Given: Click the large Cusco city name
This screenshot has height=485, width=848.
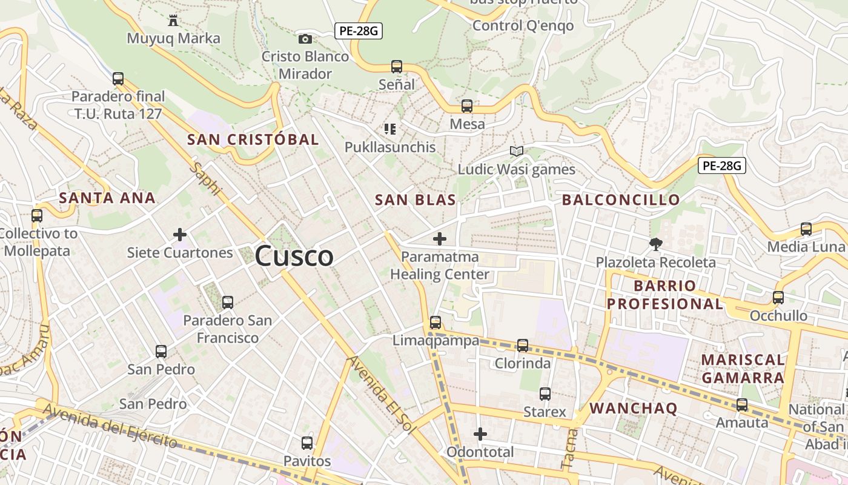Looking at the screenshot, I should (x=294, y=256).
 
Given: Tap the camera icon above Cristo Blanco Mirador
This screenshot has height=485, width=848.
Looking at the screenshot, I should (x=305, y=39).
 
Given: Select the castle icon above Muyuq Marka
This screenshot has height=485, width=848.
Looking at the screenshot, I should (x=173, y=21).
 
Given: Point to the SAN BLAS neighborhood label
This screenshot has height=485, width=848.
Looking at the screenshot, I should (x=416, y=200).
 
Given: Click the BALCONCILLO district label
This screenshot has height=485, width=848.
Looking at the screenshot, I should (x=621, y=200).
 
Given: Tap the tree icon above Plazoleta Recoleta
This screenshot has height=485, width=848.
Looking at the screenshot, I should (x=655, y=244).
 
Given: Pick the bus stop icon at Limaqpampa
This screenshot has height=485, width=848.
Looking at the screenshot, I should (x=435, y=323).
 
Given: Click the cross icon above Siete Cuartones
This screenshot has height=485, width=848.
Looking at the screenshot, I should (x=180, y=235).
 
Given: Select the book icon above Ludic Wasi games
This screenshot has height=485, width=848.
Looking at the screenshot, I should (x=517, y=152).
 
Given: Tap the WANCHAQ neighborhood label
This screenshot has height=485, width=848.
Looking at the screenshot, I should (x=634, y=408).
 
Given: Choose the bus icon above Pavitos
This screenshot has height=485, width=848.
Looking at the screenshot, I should (x=307, y=443).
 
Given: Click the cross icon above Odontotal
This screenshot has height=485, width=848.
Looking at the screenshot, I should (x=480, y=434).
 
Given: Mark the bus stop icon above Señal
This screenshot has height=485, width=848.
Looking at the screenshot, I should (x=397, y=67).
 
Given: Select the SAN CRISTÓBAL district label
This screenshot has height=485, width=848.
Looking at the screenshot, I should (x=253, y=139).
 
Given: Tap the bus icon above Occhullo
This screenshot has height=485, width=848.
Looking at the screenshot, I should (x=778, y=298).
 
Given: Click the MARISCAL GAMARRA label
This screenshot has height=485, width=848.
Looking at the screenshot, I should (x=743, y=369).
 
